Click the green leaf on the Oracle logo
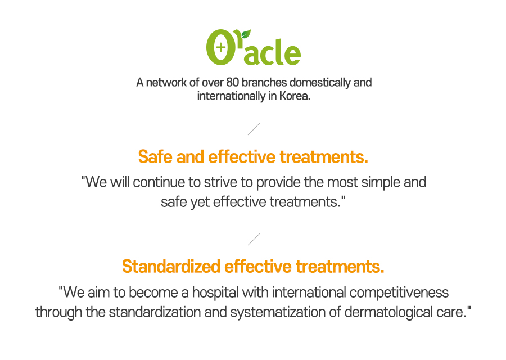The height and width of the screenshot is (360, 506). (246, 34)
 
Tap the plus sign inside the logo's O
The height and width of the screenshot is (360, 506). (221, 47)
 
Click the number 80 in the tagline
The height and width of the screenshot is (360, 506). (232, 82)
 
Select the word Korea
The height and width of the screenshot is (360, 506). (295, 96)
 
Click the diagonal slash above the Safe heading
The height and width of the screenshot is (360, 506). (254, 129)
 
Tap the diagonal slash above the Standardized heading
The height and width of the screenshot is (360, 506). (254, 239)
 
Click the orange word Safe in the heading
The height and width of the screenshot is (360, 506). (155, 157)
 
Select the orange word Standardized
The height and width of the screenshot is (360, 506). (171, 267)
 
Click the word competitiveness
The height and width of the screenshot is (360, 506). (399, 293)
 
